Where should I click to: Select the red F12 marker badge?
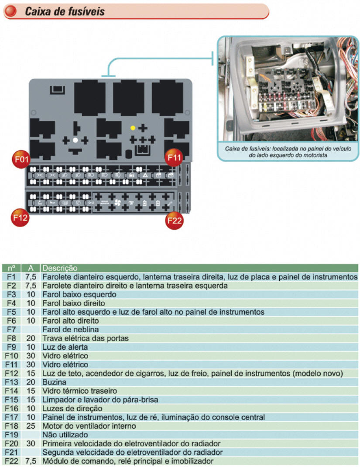pyautogui.click(x=21, y=217)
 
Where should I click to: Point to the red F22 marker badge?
pyautogui.click(x=174, y=221)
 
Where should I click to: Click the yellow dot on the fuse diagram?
pyautogui.click(x=133, y=128)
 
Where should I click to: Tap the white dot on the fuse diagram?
pyautogui.click(x=75, y=140)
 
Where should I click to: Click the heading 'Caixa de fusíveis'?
pyautogui.click(x=65, y=11)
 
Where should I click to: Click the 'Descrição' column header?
pyautogui.click(x=60, y=268)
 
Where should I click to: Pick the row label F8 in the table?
pyautogui.click(x=11, y=338)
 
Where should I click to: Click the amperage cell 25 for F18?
pyautogui.click(x=31, y=426)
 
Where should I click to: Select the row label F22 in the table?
pyautogui.click(x=11, y=461)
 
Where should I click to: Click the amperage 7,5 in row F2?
pyautogui.click(x=31, y=286)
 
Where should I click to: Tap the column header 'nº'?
pyautogui.click(x=11, y=268)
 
